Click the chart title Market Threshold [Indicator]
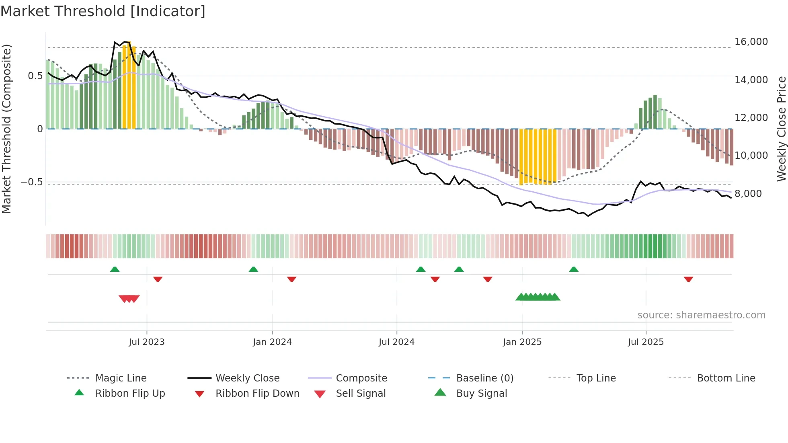[103, 11]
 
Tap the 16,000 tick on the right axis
[751, 42]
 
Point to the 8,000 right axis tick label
[748, 194]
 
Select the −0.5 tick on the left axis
[32, 182]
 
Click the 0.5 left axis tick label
[35, 76]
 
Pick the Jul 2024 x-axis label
[396, 342]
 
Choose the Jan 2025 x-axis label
[522, 342]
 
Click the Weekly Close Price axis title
[781, 129]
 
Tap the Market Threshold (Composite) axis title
[6, 129]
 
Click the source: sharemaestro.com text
[701, 315]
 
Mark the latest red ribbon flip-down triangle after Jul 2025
[688, 279]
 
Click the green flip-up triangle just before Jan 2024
[253, 269]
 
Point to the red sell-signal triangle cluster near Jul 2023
[129, 299]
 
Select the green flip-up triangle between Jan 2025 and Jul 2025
[574, 269]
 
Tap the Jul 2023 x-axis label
[146, 342]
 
